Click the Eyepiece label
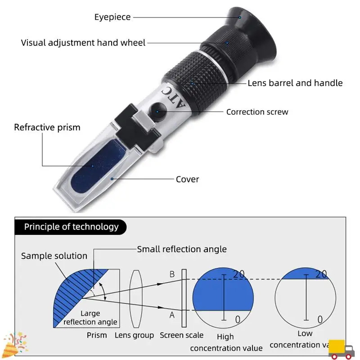(x=112, y=17)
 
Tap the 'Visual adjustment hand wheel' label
(x=83, y=43)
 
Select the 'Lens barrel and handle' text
(x=295, y=83)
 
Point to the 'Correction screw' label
(x=257, y=112)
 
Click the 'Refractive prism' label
(x=47, y=127)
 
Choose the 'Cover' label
(x=187, y=179)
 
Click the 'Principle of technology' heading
(x=71, y=226)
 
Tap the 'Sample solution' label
(x=54, y=256)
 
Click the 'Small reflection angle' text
(x=182, y=249)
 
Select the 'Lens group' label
(x=134, y=335)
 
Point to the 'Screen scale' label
(x=181, y=335)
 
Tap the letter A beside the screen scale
(x=171, y=315)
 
